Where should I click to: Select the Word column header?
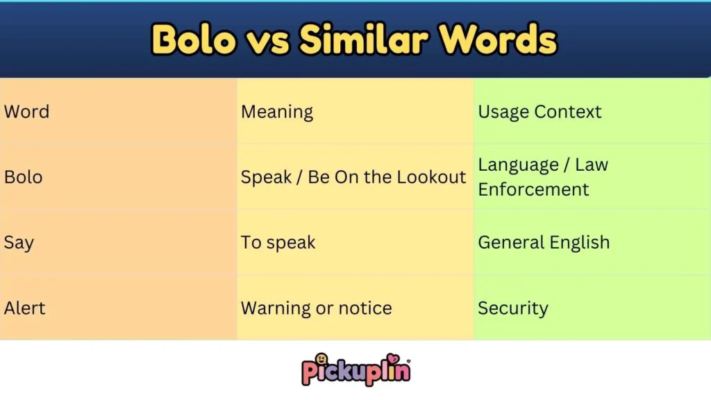pos(26,112)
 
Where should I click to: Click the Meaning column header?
pos(277,112)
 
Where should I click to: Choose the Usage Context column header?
pos(539,112)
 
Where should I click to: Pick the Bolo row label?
pos(23,177)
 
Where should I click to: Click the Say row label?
pos(19,243)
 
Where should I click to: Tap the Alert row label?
pos(24,308)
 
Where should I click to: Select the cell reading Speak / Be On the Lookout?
pos(353,177)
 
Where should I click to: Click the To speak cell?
pos(278,243)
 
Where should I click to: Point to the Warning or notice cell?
pos(316,308)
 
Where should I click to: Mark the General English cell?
pos(544,243)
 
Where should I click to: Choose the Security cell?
pos(512,308)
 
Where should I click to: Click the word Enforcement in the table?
pos(533,190)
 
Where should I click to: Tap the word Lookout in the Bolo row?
pos(431,177)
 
